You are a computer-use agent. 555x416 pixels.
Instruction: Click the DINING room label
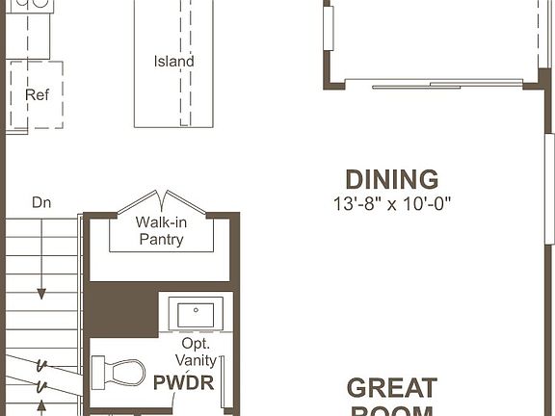pyautogui.click(x=391, y=179)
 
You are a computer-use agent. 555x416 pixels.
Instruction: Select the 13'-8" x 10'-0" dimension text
pyautogui.click(x=391, y=204)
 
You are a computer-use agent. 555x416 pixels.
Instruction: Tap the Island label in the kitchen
pyautogui.click(x=173, y=62)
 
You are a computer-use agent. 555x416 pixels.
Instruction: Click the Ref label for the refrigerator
pyautogui.click(x=36, y=94)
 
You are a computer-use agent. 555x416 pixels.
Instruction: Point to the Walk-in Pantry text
pyautogui.click(x=160, y=231)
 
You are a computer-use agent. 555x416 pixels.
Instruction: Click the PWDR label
pyautogui.click(x=183, y=381)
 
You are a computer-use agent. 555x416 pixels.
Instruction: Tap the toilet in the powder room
pyautogui.click(x=118, y=371)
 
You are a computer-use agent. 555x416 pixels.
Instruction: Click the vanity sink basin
pyautogui.click(x=197, y=313)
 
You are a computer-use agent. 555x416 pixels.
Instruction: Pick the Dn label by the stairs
pyautogui.click(x=41, y=202)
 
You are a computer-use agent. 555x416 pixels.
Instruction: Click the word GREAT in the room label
pyautogui.click(x=391, y=388)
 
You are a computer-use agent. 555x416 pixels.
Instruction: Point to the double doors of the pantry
pyautogui.click(x=160, y=203)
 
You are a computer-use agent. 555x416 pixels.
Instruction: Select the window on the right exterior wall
pyautogui.click(x=549, y=183)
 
